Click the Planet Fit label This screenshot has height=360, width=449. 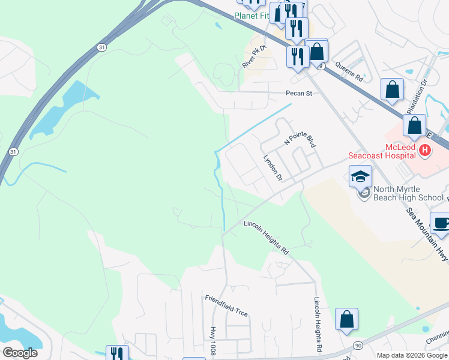251,16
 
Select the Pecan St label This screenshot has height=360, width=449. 299,93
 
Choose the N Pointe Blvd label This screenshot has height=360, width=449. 300,140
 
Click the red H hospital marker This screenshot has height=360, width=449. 425,149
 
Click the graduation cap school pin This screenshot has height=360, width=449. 360,176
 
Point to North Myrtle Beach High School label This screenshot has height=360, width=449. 409,193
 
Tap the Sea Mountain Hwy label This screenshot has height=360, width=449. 427,234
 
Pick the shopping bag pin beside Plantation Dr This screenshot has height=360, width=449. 392,90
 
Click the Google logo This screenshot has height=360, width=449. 19,353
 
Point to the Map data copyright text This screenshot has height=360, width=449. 412,355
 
